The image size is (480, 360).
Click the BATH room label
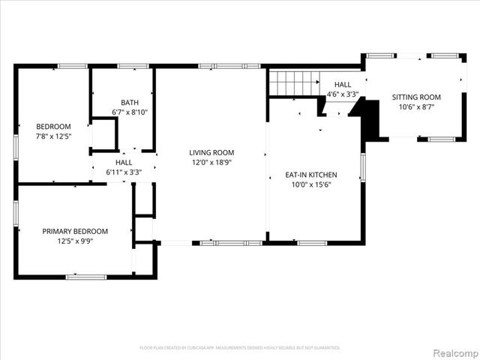pyautogui.click(x=129, y=103)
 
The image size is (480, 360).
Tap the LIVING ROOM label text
pyautogui.click(x=211, y=152)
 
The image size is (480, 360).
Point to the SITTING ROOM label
pyautogui.click(x=416, y=97)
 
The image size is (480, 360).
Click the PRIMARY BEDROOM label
pyautogui.click(x=75, y=231)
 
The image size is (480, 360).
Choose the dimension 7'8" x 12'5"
pyautogui.click(x=53, y=136)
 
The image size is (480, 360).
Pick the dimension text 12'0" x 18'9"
pyautogui.click(x=211, y=162)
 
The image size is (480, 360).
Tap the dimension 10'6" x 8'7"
pyautogui.click(x=416, y=106)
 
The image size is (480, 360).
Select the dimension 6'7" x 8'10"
pyautogui.click(x=129, y=112)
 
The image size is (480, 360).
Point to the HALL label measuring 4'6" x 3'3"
pyautogui.click(x=343, y=85)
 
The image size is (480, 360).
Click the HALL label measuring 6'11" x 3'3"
pyautogui.click(x=124, y=162)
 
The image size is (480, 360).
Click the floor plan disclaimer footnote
pyautogui.click(x=240, y=348)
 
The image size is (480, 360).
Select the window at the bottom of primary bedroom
pyautogui.click(x=85, y=277)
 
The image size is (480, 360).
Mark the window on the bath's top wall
pyautogui.click(x=132, y=67)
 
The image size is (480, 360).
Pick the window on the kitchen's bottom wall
pyautogui.click(x=311, y=243)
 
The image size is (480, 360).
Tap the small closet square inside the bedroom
pyautogui.click(x=103, y=135)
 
